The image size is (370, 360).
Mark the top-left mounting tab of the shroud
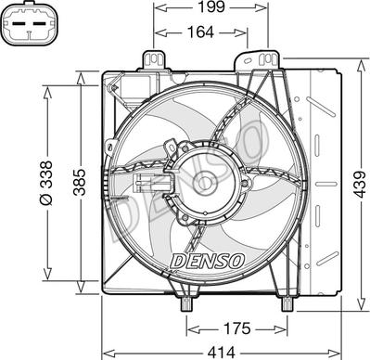pos(159,60)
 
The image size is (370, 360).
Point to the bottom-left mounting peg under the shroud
pos(185,302)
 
